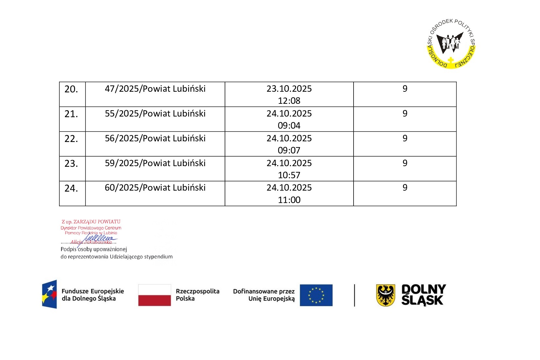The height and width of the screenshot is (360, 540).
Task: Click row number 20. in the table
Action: pyautogui.click(x=71, y=89)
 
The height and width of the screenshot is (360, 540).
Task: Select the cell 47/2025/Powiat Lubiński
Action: pyautogui.click(x=155, y=89)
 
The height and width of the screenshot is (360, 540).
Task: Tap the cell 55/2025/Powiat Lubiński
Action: pyautogui.click(x=155, y=114)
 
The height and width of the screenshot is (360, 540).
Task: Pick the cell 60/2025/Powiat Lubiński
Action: pyautogui.click(x=155, y=188)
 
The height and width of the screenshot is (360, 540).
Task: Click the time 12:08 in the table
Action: pyautogui.click(x=289, y=101)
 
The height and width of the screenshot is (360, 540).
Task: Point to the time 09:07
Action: pyautogui.click(x=289, y=150)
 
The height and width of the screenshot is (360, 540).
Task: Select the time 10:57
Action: pyautogui.click(x=289, y=175)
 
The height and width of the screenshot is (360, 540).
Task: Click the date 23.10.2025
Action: pyautogui.click(x=289, y=89)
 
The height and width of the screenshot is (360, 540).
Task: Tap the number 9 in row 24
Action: pyautogui.click(x=405, y=188)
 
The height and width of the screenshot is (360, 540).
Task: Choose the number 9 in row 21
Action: pyautogui.click(x=405, y=114)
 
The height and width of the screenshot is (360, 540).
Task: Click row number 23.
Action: pyautogui.click(x=71, y=164)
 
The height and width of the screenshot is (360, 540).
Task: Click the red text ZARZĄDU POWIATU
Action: pyautogui.click(x=97, y=222)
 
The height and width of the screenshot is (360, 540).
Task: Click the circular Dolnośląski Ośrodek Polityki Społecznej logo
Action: pyautogui.click(x=451, y=44)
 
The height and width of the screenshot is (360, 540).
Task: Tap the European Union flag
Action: pyautogui.click(x=316, y=295)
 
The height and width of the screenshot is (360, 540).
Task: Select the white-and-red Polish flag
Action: pyautogui.click(x=154, y=295)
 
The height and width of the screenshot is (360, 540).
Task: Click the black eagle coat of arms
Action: pyautogui.click(x=386, y=295)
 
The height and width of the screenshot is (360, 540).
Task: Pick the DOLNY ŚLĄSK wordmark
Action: pyautogui.click(x=423, y=295)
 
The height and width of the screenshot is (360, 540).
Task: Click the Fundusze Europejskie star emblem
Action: pyautogui.click(x=50, y=294)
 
